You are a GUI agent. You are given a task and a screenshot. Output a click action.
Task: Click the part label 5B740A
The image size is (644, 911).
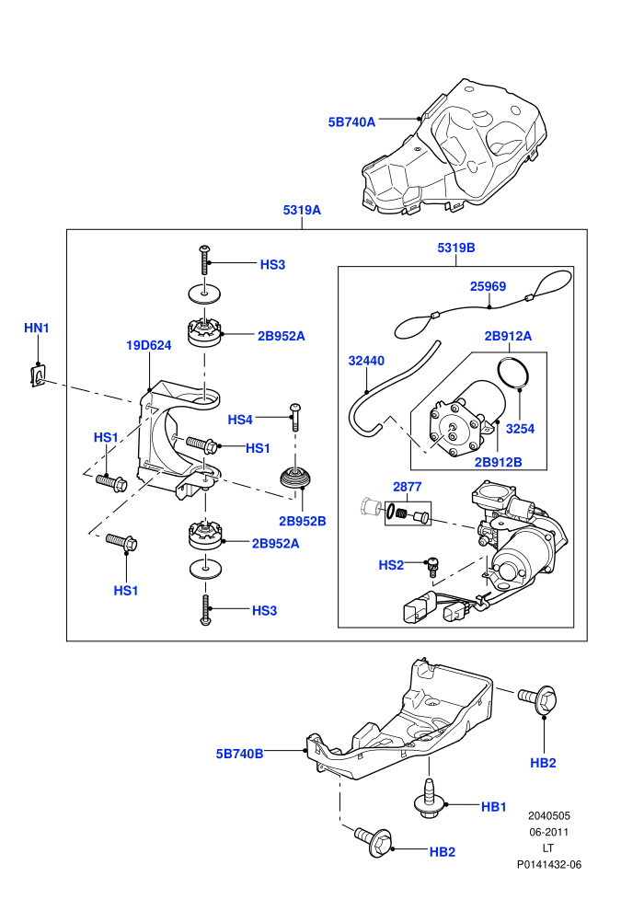351,122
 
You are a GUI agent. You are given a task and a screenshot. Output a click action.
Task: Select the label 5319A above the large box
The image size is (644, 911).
302,210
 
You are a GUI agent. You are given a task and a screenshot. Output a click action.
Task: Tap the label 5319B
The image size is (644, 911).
455,248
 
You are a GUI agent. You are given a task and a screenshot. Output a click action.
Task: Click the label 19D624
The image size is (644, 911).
149,345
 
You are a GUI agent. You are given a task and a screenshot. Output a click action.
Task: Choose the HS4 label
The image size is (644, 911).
240,420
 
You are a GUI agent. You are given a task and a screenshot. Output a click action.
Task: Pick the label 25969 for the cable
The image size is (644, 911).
488,286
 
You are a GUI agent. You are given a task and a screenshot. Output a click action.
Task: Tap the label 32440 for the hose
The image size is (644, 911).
366,361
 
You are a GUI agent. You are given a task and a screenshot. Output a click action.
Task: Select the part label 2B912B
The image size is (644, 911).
499,462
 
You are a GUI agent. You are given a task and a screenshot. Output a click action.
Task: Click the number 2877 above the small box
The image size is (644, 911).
407,486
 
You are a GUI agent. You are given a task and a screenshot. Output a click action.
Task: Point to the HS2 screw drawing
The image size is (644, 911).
432,566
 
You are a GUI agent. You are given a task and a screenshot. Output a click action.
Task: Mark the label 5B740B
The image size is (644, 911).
239,754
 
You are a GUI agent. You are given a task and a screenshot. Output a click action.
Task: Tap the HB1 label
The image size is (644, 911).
494,806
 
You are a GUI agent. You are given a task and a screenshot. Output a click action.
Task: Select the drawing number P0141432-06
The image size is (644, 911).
549,864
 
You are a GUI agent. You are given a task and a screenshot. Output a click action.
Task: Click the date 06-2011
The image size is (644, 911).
548,832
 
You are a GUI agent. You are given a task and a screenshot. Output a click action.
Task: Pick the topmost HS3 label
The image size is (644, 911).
272,264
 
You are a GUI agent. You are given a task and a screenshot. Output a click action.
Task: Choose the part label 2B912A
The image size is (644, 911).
508,335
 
